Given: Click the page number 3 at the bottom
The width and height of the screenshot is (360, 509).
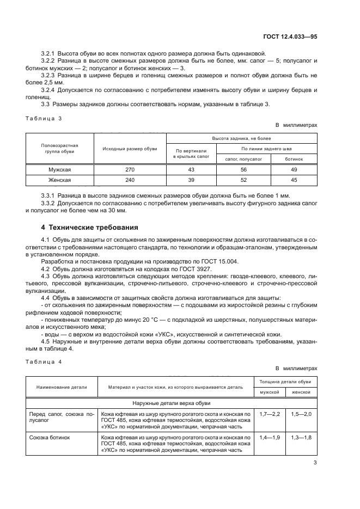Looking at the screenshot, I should tap(315, 463).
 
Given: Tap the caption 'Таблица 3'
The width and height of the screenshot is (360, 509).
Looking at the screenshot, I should tap(45, 119).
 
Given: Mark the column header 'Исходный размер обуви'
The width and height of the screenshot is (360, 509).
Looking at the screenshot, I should tap(130, 149).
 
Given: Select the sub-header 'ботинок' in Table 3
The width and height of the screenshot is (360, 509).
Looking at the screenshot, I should tap(294, 159).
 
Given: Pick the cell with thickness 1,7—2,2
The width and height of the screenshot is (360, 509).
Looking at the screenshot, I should tap(270, 414).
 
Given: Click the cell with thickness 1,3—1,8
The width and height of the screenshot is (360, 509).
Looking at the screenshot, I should tap(301, 438).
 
